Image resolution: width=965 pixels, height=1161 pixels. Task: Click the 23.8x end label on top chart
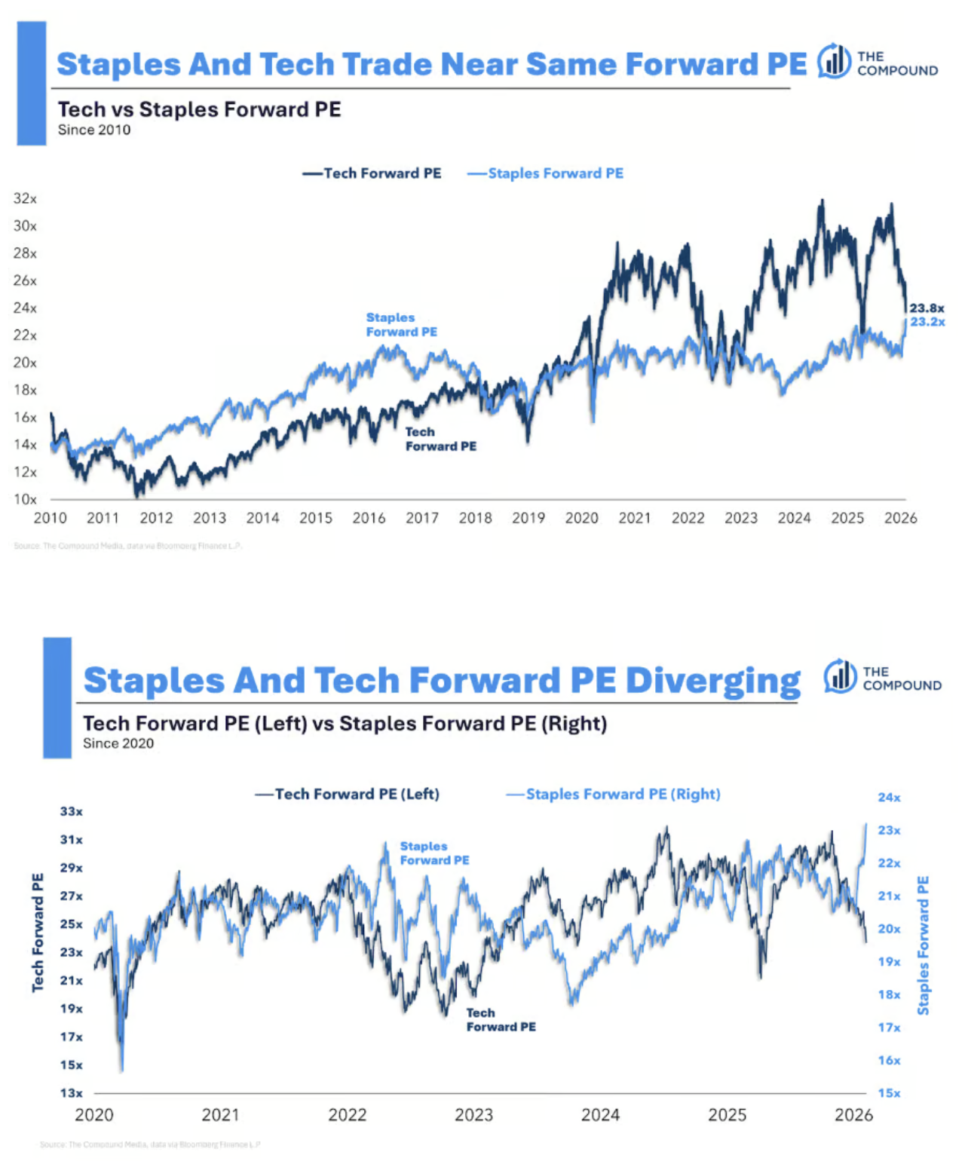(927, 308)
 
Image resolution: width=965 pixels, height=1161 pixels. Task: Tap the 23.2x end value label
(927, 322)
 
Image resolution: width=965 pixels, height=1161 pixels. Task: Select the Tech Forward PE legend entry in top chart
(372, 173)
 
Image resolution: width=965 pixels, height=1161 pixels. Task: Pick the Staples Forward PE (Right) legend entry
(614, 794)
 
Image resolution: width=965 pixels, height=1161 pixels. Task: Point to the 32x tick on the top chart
(25, 198)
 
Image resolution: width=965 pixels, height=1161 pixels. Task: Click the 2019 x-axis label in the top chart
(528, 518)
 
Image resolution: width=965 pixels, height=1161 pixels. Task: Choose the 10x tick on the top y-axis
(25, 499)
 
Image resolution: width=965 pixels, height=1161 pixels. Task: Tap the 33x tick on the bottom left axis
(72, 811)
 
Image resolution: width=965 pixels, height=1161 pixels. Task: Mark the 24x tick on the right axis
(889, 797)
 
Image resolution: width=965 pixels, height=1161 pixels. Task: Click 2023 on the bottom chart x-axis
(473, 1114)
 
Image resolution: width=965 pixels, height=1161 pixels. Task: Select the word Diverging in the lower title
(712, 680)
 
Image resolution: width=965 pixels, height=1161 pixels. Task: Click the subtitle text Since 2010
(94, 130)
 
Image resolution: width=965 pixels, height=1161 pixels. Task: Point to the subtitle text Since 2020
(118, 743)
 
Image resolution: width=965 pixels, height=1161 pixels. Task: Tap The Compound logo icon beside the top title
(834, 61)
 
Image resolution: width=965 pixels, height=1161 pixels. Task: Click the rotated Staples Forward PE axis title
(923, 945)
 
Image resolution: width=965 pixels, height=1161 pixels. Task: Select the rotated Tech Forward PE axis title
(38, 932)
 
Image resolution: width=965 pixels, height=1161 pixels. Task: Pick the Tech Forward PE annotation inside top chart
(440, 439)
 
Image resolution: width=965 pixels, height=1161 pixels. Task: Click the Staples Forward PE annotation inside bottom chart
(434, 853)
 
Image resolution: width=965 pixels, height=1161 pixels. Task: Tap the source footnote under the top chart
(127, 546)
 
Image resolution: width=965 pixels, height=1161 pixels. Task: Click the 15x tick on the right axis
(889, 1093)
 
